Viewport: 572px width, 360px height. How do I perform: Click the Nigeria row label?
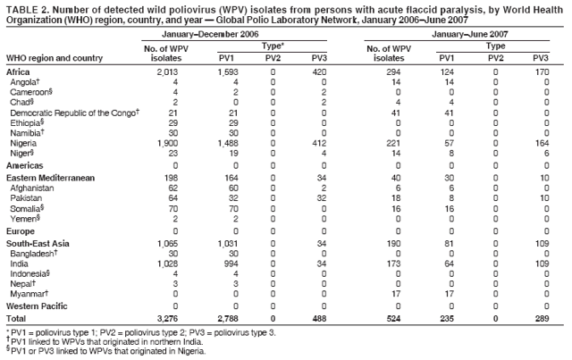(x=24, y=143)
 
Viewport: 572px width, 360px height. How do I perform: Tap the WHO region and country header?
(x=55, y=59)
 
